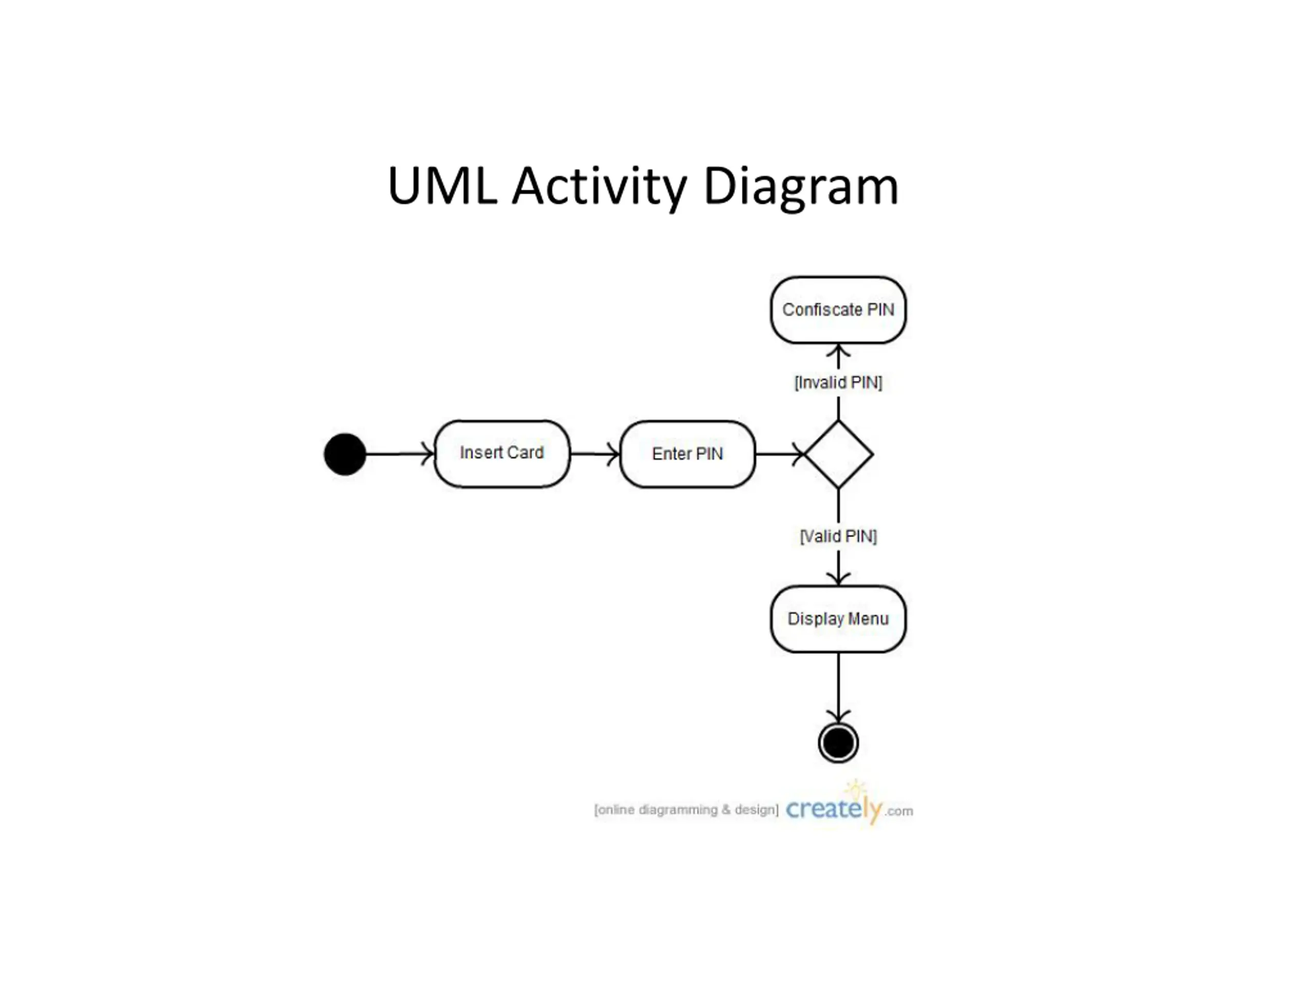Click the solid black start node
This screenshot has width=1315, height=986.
(345, 454)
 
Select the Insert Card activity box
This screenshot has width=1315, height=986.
(502, 453)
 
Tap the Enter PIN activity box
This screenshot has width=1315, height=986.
(687, 454)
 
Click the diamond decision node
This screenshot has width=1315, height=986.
(838, 454)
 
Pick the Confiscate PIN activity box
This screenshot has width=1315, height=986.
(838, 310)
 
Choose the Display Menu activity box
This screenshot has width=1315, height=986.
(838, 619)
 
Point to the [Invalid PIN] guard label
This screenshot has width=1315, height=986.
(838, 382)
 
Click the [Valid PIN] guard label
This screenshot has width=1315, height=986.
(838, 536)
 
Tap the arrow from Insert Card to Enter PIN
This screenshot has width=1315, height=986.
(595, 454)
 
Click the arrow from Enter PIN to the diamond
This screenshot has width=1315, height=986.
(780, 454)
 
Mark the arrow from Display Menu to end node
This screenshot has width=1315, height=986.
(838, 688)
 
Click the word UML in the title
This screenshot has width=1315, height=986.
(442, 185)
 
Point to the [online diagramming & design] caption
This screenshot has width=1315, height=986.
(686, 809)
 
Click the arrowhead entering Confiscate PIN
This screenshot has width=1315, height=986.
(838, 350)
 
